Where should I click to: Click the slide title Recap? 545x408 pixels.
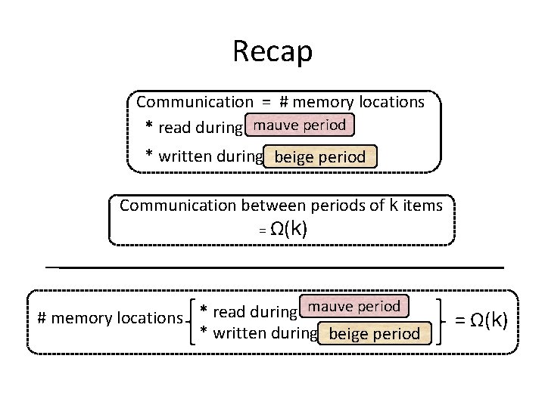[x=272, y=51]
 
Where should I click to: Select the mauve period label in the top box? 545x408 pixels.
[x=300, y=125]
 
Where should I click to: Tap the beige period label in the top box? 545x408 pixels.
[x=320, y=156]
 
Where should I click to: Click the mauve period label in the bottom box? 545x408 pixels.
[x=354, y=306]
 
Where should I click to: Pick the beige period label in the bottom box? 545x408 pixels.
[x=375, y=333]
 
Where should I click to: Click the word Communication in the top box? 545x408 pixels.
[x=195, y=102]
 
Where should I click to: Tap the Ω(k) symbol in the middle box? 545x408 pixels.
[x=288, y=229]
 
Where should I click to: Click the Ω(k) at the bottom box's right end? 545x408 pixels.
[x=489, y=320]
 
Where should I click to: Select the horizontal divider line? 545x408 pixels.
[x=275, y=267]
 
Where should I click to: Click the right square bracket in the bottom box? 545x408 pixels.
[x=439, y=322]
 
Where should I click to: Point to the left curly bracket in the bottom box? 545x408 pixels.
[x=191, y=322]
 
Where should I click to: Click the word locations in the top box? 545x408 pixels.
[x=392, y=102]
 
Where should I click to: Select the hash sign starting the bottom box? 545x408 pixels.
[x=42, y=318]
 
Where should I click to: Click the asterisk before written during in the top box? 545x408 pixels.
[x=149, y=153]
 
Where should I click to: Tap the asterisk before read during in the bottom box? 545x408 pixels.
[x=204, y=308]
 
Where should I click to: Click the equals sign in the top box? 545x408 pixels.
[x=266, y=102]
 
